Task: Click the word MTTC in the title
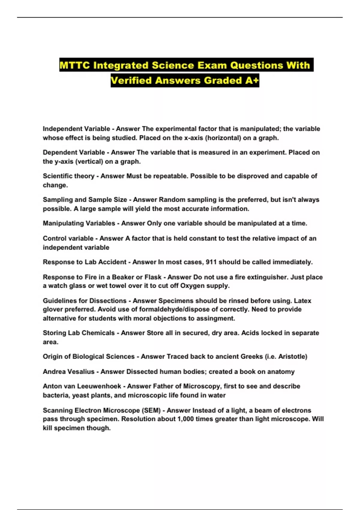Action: pyautogui.click(x=74, y=65)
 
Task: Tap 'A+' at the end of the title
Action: pyautogui.click(x=252, y=80)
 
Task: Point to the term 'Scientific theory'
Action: pyautogui.click(x=68, y=176)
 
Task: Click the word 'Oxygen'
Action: pyautogui.click(x=193, y=286)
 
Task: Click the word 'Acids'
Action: pyautogui.click(x=250, y=333)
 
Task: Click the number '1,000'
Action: pyautogui.click(x=185, y=419)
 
